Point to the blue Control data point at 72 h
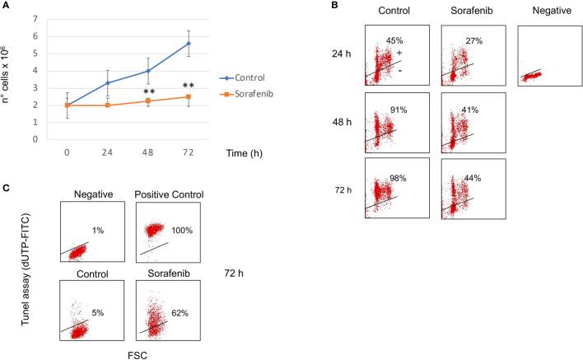pos(210,44)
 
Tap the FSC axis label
pos(126,352)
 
